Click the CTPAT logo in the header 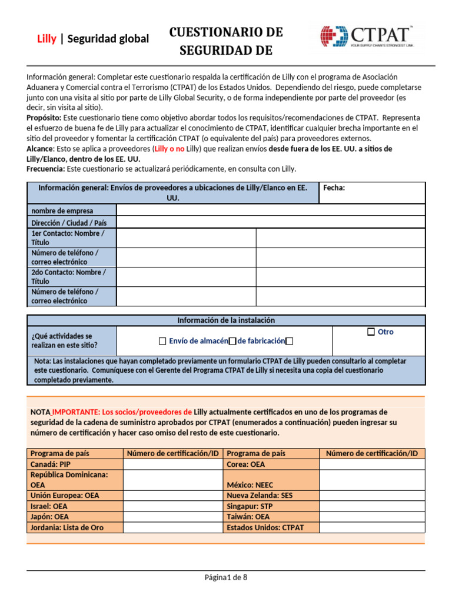367,36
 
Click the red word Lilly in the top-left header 46,39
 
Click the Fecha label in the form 334,188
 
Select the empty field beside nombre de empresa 270,210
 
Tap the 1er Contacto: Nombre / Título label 68,238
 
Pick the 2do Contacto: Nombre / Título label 68,277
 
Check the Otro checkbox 371,332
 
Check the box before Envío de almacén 162,342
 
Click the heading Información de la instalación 226,320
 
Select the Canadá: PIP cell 51,464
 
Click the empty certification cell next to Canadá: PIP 173,464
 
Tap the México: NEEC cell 250,486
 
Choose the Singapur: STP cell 250,506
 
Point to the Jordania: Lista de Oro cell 67,527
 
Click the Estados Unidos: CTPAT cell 265,527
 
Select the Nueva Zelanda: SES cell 260,496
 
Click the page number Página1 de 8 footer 226,577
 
